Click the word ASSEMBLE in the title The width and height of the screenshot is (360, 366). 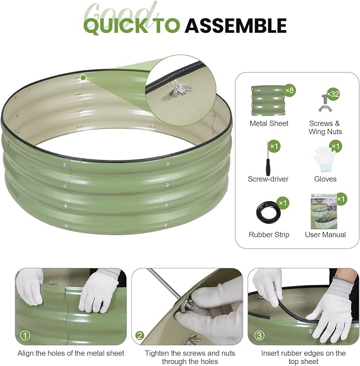[x=236, y=25]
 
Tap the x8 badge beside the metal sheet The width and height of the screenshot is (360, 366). [x=289, y=90]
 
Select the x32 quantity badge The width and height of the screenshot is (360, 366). [x=333, y=94]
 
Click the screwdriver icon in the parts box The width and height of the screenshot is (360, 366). [x=268, y=158]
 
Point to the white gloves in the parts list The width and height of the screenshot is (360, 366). [x=324, y=159]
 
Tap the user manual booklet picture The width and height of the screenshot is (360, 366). [x=323, y=211]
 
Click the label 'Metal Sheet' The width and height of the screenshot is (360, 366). [x=269, y=123]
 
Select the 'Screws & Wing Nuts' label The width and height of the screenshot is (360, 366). [x=325, y=128]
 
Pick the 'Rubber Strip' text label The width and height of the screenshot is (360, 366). [x=269, y=235]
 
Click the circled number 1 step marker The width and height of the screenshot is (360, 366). [x=25, y=336]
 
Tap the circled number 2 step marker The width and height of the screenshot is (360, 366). [x=139, y=336]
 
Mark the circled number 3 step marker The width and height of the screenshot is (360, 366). [x=259, y=336]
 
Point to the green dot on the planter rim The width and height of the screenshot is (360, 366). [x=83, y=77]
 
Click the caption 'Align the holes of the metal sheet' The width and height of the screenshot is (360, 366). [x=71, y=353]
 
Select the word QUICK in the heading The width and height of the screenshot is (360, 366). [x=116, y=25]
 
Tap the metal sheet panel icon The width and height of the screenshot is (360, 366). [x=268, y=101]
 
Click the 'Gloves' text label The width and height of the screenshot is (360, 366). [x=325, y=179]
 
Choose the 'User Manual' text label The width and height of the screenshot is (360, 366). [x=325, y=235]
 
